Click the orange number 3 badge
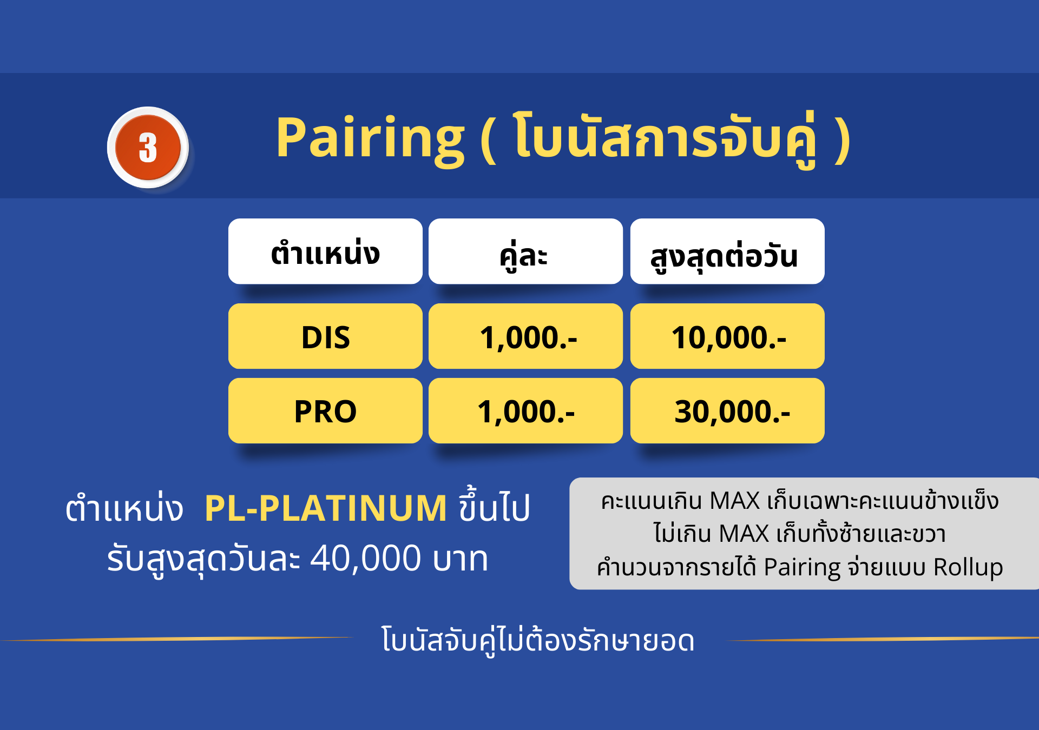coord(148,147)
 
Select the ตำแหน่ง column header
coord(325,251)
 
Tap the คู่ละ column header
coord(525,251)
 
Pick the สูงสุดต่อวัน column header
coord(727,251)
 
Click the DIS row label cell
coord(325,336)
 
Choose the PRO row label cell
coord(325,410)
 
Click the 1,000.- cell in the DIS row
coord(525,336)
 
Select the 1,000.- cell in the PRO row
coord(525,410)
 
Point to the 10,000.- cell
coord(727,336)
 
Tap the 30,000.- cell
coord(727,410)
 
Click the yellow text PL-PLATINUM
coord(326,508)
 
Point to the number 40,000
coord(365,558)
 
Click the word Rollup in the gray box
coord(968,567)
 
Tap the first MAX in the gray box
coord(735,501)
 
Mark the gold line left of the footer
coord(177,639)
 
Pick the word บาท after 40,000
coord(461,559)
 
